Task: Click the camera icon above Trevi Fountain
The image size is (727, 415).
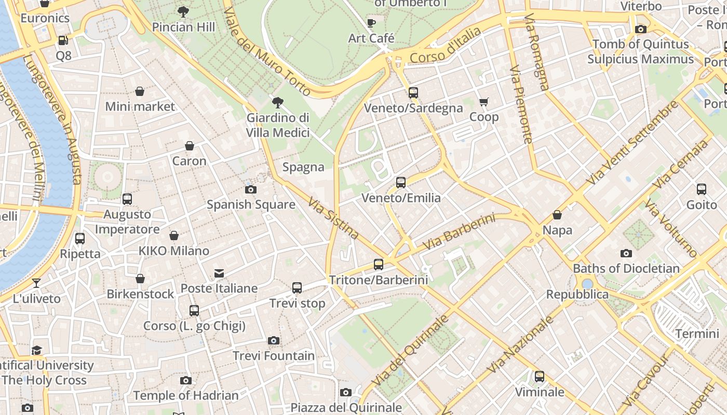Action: click(274, 341)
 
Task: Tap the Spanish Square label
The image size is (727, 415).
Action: click(251, 204)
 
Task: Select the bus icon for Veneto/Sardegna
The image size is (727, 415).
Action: click(413, 93)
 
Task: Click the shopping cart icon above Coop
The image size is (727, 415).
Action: click(484, 102)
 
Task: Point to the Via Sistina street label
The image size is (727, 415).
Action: click(333, 218)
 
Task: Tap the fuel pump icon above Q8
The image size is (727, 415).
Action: click(63, 40)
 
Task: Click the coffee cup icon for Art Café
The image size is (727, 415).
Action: click(371, 23)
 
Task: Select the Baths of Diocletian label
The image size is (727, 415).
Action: click(626, 268)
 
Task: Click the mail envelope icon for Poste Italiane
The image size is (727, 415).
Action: click(219, 273)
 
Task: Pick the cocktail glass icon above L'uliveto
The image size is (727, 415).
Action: click(36, 283)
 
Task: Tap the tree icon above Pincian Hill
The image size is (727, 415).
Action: click(183, 11)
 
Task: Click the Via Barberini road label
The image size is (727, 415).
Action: click(459, 232)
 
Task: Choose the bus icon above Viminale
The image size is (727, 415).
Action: click(540, 377)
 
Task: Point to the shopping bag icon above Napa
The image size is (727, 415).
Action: click(557, 215)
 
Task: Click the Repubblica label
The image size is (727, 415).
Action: click(577, 294)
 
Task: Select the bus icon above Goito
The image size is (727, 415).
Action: click(702, 189)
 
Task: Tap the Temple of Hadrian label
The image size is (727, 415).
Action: click(185, 395)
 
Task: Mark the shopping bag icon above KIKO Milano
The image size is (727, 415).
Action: click(174, 236)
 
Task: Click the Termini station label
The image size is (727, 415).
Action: click(697, 334)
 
